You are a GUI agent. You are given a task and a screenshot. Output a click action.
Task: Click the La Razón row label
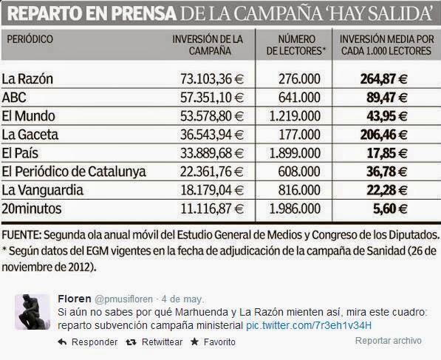27,79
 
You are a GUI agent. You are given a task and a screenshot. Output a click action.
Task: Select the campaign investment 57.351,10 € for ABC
212,98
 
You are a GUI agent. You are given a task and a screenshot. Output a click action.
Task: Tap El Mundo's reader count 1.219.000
295,116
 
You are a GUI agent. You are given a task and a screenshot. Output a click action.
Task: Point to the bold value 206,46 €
383,135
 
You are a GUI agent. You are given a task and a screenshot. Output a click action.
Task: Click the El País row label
20,153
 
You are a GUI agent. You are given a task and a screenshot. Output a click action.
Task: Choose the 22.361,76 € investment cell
212,171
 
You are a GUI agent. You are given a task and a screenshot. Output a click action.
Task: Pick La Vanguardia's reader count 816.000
299,190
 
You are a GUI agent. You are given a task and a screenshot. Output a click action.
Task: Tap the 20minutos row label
32,209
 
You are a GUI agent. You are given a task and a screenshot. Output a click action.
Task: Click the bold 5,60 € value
390,209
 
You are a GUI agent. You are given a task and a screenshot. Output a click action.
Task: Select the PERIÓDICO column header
30,39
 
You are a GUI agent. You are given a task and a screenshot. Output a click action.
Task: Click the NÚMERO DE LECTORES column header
296,45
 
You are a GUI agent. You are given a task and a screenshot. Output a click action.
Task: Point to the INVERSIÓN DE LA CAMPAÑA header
208,45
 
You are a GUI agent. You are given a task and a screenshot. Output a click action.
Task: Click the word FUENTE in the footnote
21,235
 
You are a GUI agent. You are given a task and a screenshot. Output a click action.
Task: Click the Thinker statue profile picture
33,312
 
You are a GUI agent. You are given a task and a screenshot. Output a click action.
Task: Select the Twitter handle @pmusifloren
123,299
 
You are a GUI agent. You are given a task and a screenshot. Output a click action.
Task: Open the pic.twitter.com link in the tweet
309,326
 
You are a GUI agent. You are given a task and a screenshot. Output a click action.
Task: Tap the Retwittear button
154,342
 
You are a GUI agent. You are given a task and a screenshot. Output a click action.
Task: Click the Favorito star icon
194,342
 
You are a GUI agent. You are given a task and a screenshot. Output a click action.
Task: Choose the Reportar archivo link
389,341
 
